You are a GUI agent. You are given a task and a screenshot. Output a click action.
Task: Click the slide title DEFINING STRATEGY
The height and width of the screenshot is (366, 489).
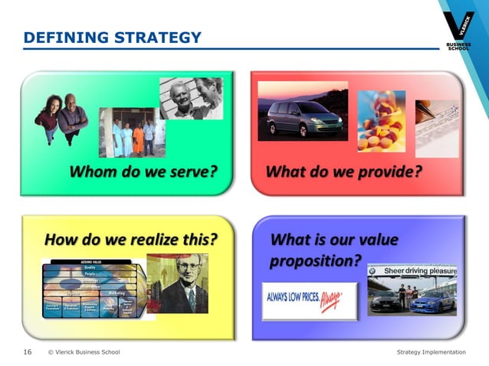click(113, 38)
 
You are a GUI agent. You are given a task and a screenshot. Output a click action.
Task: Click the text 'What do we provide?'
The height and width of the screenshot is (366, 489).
click(343, 171)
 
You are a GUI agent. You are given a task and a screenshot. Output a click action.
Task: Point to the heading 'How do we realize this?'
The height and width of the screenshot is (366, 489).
click(131, 240)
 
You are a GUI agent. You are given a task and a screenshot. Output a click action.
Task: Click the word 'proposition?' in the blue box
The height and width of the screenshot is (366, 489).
click(315, 260)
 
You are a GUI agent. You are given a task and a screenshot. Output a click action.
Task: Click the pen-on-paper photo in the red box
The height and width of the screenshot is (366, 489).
click(436, 118)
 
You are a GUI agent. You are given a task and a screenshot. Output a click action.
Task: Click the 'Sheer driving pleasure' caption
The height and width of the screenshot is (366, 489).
click(419, 271)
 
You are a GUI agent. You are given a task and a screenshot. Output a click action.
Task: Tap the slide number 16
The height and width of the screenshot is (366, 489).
click(27, 352)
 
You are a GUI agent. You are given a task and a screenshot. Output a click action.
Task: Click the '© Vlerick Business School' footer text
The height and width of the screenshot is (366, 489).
click(84, 352)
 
